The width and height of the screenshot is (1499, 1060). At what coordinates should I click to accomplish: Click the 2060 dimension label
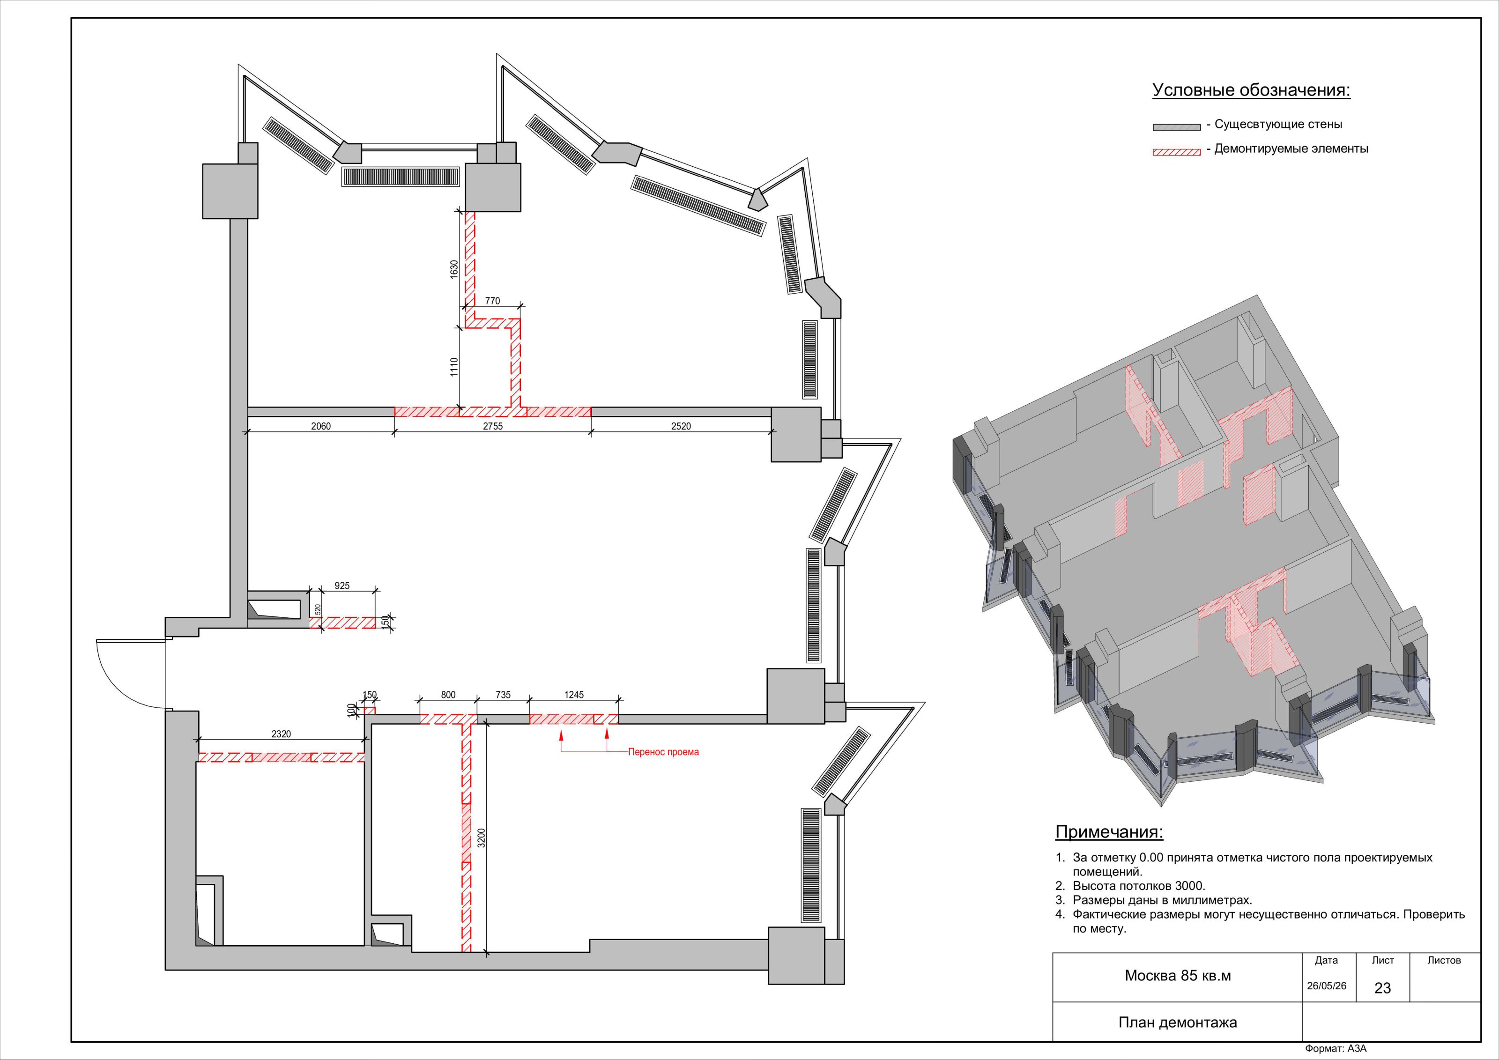320,426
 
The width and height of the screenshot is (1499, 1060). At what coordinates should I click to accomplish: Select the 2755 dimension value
492,426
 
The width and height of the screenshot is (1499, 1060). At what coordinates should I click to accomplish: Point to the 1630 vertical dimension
454,270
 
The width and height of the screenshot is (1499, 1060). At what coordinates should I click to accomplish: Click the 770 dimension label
492,301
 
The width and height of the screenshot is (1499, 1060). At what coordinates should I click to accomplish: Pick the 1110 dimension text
454,367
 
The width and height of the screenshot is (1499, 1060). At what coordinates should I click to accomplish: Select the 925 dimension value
342,586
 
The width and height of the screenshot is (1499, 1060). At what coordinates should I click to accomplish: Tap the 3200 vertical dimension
481,838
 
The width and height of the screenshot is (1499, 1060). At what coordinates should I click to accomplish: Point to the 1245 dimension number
574,695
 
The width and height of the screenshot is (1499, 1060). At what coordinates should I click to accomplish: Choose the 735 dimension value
503,695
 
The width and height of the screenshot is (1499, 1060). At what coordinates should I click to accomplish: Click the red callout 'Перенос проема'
663,752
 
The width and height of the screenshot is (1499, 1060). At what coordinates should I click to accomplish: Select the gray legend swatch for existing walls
1176,127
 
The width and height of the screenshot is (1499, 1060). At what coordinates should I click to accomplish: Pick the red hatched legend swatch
1176,152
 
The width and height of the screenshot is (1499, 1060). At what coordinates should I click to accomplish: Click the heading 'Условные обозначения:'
1251,90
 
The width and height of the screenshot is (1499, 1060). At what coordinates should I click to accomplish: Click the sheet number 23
1382,988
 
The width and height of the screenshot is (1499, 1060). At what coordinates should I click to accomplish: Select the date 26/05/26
1326,986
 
